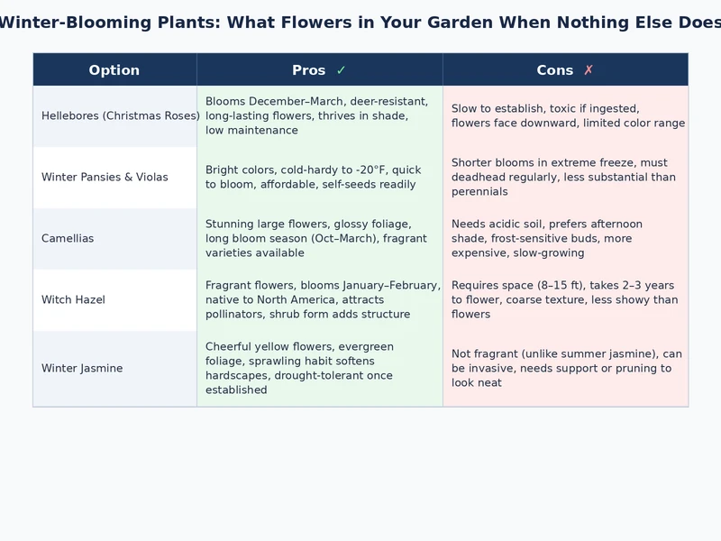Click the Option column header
tap(114, 70)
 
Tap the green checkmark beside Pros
tap(341, 70)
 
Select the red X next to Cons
tap(589, 70)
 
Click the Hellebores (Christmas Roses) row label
tap(120, 116)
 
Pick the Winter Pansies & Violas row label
tap(105, 178)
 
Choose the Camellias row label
tap(68, 239)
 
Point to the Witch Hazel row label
tap(73, 300)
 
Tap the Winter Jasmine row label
tap(82, 369)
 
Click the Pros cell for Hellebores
tap(319, 116)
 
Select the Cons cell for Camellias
tap(564, 239)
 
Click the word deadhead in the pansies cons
tap(481, 178)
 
